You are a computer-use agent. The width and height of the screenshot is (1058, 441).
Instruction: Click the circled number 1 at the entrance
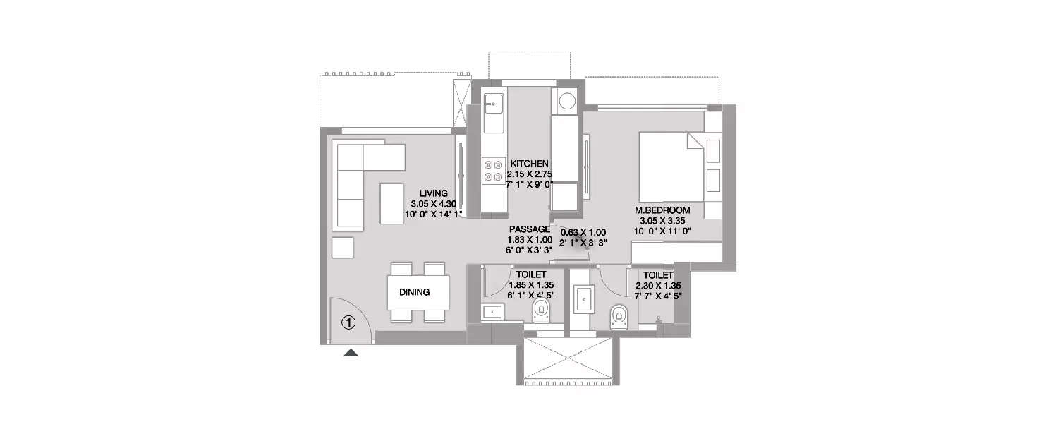(x=348, y=323)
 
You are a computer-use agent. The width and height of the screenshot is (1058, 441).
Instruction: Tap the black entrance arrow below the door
(x=351, y=352)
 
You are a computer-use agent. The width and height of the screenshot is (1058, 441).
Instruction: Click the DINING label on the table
(x=414, y=292)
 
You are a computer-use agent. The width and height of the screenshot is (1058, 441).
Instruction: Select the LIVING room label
(x=434, y=193)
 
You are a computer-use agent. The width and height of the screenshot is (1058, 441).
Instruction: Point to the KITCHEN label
(x=530, y=164)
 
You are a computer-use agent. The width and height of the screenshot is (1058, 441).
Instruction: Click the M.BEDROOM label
(x=662, y=210)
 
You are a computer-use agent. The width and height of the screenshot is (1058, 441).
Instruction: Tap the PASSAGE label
(x=530, y=229)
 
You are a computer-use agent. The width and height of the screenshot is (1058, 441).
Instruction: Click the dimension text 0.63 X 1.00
(x=583, y=233)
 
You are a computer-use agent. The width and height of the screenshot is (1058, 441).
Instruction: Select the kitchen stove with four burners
(x=493, y=171)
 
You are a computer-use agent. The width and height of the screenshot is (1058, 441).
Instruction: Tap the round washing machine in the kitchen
(x=567, y=101)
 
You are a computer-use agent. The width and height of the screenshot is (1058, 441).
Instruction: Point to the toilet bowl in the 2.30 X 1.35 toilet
(x=619, y=317)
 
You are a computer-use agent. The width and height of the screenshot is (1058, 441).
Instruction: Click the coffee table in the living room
(x=391, y=203)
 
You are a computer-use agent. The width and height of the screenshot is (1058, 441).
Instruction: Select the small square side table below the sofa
(x=342, y=247)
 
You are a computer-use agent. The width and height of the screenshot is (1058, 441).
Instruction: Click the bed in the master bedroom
(x=671, y=167)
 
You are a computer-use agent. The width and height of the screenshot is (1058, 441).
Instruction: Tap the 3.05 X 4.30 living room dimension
(x=433, y=204)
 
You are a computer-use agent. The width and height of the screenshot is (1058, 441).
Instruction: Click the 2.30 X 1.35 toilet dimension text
(x=658, y=286)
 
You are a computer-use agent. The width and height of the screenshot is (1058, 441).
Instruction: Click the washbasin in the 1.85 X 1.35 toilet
(x=492, y=313)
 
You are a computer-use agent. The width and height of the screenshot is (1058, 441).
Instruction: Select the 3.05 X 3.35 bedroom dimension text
(x=662, y=221)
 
